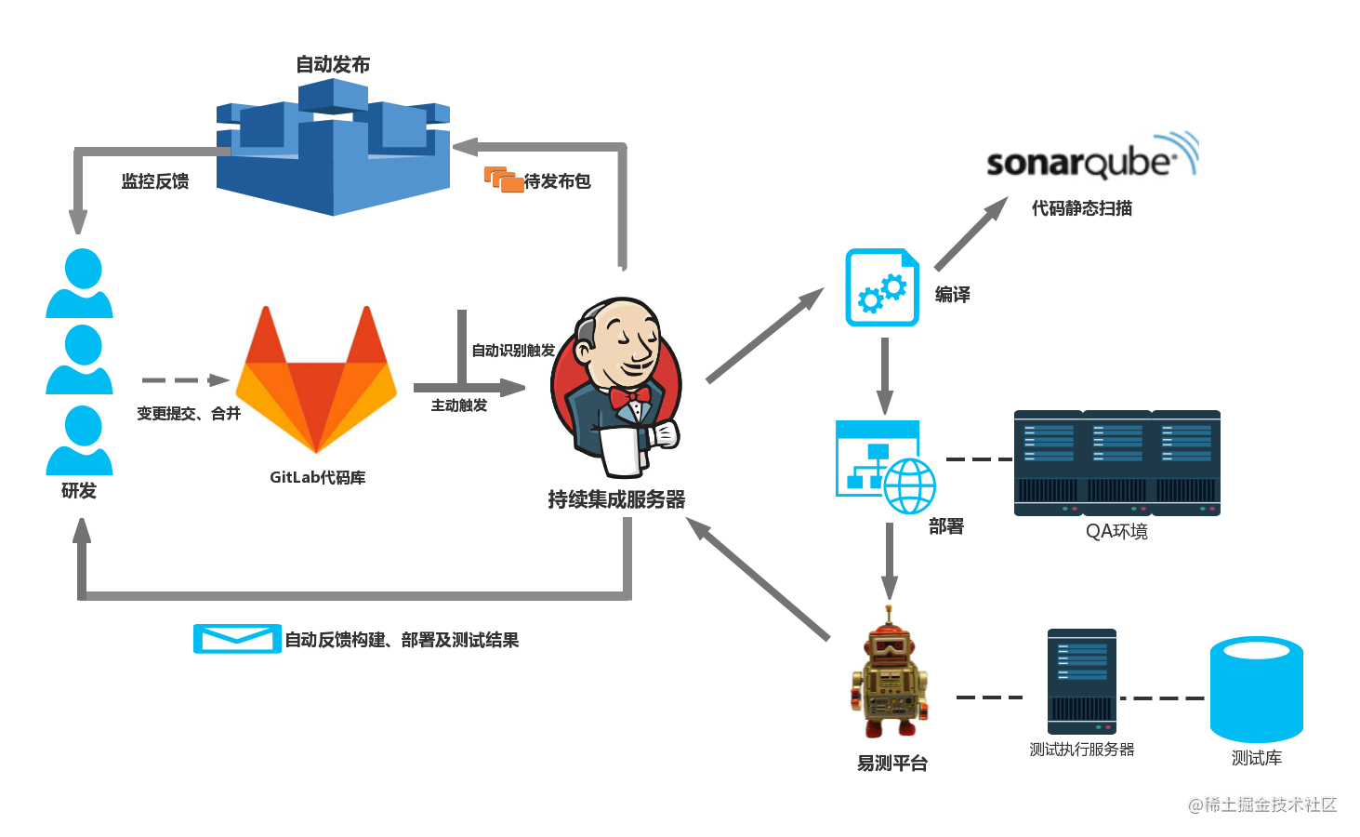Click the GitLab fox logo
(x=316, y=379)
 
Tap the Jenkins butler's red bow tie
(x=629, y=398)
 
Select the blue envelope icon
(x=237, y=638)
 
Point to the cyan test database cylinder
(x=1256, y=689)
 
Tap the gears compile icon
(x=882, y=287)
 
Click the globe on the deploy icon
(x=909, y=485)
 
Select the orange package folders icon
(x=503, y=179)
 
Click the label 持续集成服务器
(x=616, y=499)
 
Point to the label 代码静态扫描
(x=1082, y=208)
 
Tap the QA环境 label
(x=1116, y=531)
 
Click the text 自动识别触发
(x=514, y=351)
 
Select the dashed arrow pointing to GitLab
(x=186, y=380)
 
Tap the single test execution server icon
(x=1082, y=682)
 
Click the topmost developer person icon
(x=80, y=283)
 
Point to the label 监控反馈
(x=155, y=181)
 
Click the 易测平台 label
(x=891, y=763)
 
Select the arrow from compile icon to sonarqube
(x=971, y=233)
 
